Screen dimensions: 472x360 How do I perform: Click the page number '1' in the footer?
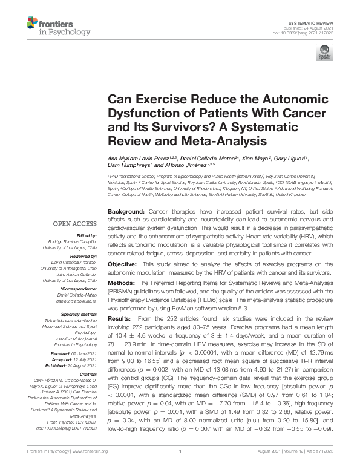(180, 468)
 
